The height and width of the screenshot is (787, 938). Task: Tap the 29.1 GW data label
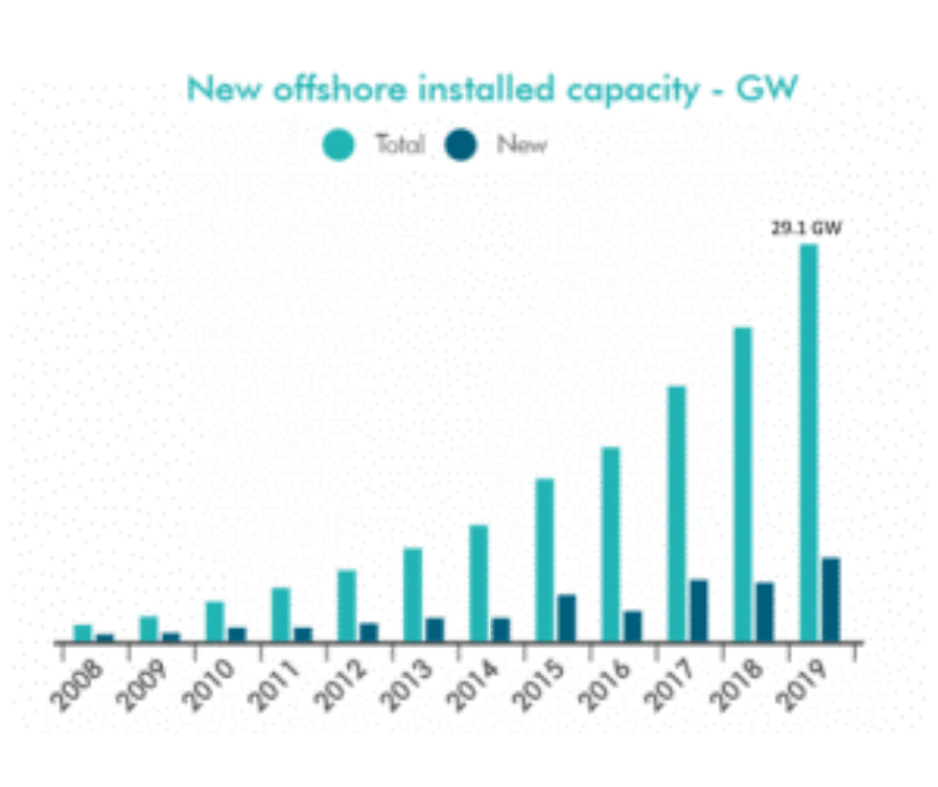coord(806,229)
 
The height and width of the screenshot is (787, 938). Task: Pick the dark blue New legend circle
coord(464,145)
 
